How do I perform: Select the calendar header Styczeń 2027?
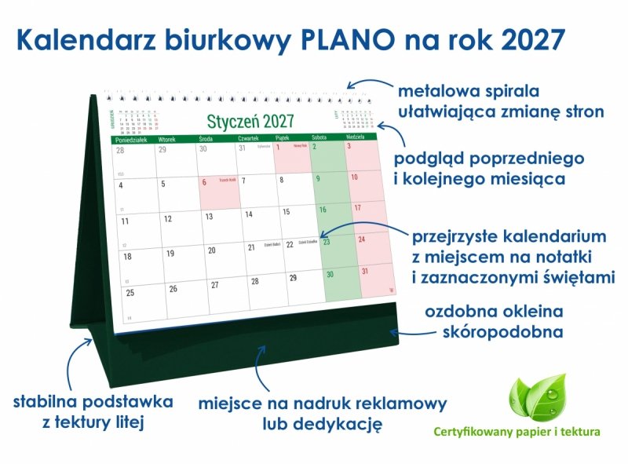pyautogui.click(x=250, y=121)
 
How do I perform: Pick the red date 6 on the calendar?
pyautogui.click(x=205, y=182)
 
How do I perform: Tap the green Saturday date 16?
pyautogui.click(x=322, y=210)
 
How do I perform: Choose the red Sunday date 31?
pyautogui.click(x=364, y=271)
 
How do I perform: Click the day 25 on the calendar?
pyautogui.click(x=130, y=292)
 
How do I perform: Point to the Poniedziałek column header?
pyautogui.click(x=131, y=138)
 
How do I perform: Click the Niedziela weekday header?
pyautogui.click(x=356, y=137)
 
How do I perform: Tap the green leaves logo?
pyautogui.click(x=537, y=397)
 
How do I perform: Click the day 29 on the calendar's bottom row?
pyautogui.click(x=293, y=278)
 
